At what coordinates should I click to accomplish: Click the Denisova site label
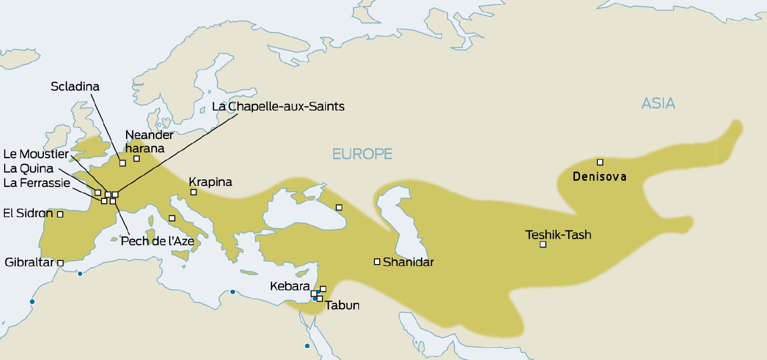pos(599,176)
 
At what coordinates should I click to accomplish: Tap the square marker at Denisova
pos(600,162)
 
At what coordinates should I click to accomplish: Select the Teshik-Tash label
pos(558,234)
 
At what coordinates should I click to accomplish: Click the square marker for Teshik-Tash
pos(543,244)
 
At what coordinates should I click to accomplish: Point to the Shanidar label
pos(408,262)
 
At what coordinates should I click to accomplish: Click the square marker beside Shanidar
pos(377,262)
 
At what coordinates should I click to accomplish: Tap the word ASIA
pos(658,103)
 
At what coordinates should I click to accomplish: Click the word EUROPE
pos(362,154)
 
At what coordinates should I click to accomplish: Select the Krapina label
pos(210,182)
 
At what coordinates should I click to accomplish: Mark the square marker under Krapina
pos(194,192)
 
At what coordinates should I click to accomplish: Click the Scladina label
pos(75,86)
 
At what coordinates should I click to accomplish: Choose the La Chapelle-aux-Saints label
pos(278,106)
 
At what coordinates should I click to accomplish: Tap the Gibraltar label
pos(29,262)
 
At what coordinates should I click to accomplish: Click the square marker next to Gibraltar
pos(60,263)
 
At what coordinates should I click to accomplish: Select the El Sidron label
pos(28,213)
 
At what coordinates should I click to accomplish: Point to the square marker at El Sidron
pos(60,214)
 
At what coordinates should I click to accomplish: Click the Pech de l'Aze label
pos(157,241)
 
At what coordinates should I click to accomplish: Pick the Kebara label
pos(290,286)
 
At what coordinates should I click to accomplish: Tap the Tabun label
pos(342,305)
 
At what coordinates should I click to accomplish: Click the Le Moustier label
pos(36,154)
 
